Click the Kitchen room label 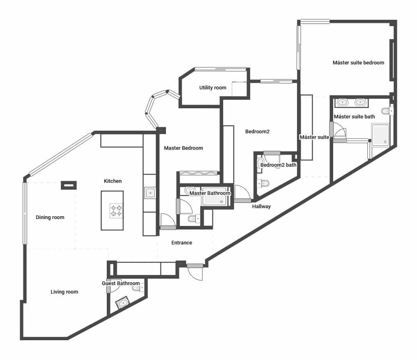113,181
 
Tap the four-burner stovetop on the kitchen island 116,210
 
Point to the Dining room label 50,217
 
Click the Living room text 64,292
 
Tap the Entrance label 182,243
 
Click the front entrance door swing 196,274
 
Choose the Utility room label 213,88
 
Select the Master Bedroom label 183,148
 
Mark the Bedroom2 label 257,131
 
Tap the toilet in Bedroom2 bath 264,184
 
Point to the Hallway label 261,207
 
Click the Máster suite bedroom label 358,63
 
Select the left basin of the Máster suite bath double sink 343,102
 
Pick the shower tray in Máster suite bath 380,134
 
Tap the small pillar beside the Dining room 68,185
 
